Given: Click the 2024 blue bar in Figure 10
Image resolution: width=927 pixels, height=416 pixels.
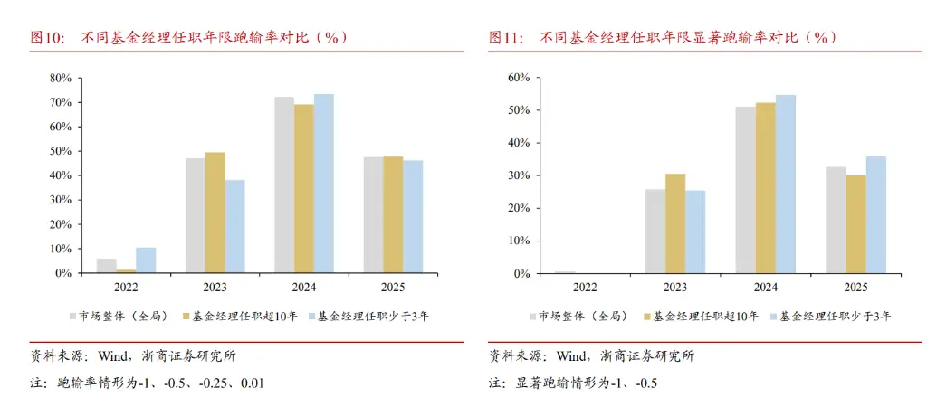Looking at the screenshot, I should [x=323, y=184].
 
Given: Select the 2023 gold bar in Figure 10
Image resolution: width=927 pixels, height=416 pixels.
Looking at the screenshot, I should [x=215, y=213].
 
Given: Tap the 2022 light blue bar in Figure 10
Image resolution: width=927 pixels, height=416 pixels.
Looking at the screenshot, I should [x=146, y=260].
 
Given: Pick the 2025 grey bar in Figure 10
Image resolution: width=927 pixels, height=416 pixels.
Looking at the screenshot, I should [x=373, y=215].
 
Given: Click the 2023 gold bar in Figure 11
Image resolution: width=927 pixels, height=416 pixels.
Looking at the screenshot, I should [x=675, y=223].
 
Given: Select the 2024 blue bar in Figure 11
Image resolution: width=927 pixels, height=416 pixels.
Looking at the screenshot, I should [x=785, y=184].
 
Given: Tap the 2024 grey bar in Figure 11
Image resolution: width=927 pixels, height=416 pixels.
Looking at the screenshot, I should [x=745, y=190].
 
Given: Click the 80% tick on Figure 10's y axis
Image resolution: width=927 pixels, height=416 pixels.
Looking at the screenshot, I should [x=60, y=78].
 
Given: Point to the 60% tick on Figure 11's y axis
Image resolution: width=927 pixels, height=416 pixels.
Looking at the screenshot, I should [x=518, y=78].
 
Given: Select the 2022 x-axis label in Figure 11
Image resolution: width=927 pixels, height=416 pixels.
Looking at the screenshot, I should [x=585, y=287].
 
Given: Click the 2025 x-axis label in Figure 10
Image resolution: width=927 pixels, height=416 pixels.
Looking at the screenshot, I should [x=393, y=287].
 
